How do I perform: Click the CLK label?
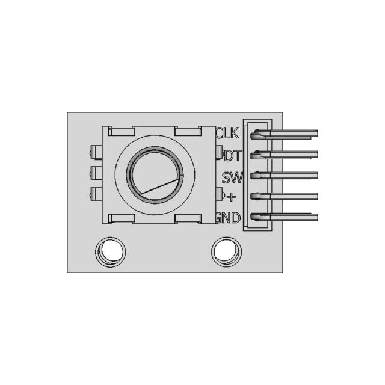[x=227, y=132]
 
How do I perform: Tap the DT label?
[x=232, y=155]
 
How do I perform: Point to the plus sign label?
[x=232, y=197]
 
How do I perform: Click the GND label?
[x=229, y=218]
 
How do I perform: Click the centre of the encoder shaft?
[x=155, y=174]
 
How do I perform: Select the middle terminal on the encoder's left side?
[x=95, y=173]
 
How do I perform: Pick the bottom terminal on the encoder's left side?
[x=95, y=194]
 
